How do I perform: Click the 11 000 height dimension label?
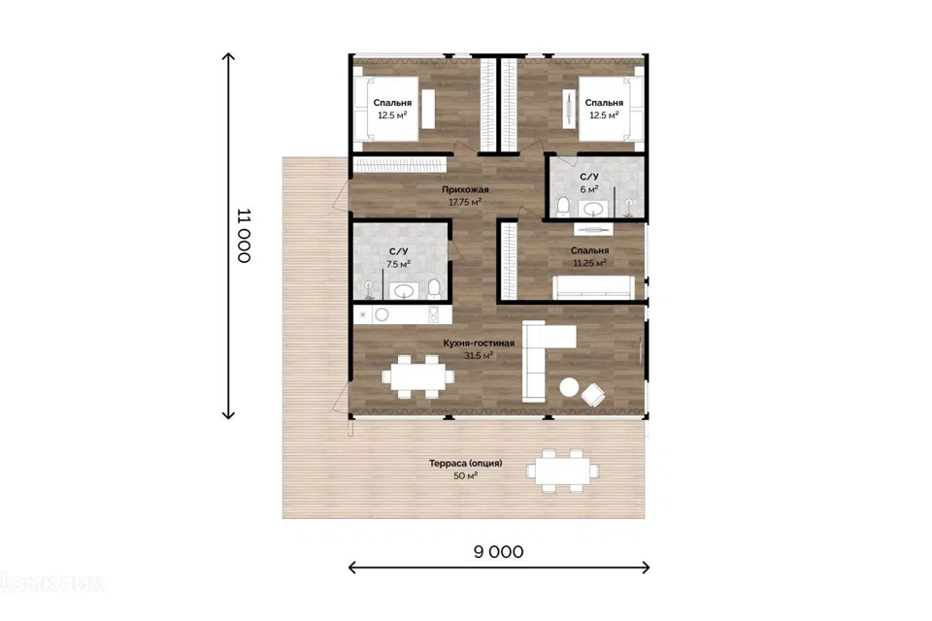pyautogui.click(x=245, y=236)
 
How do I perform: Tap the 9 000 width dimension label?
pyautogui.click(x=499, y=552)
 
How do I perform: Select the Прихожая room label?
pyautogui.click(x=465, y=189)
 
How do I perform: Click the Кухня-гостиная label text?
pyautogui.click(x=479, y=343)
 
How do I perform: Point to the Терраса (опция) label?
pyautogui.click(x=465, y=463)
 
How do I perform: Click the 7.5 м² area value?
pyautogui.click(x=398, y=264)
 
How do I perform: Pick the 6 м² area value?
pyautogui.click(x=589, y=189)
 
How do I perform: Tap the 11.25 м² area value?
pyautogui.click(x=589, y=263)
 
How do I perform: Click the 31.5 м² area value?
pyautogui.click(x=479, y=355)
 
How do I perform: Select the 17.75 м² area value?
pyautogui.click(x=465, y=202)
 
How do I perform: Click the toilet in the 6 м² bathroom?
pyautogui.click(x=562, y=207)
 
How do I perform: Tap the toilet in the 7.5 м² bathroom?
pyautogui.click(x=433, y=288)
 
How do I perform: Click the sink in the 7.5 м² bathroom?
pyautogui.click(x=404, y=291)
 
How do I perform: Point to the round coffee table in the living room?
pyautogui.click(x=569, y=387)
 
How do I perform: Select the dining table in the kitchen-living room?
pyautogui.click(x=417, y=376)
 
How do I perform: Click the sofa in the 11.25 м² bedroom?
pyautogui.click(x=594, y=287)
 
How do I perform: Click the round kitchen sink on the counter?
pyautogui.click(x=382, y=315)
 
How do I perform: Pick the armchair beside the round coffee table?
pyautogui.click(x=593, y=395)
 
